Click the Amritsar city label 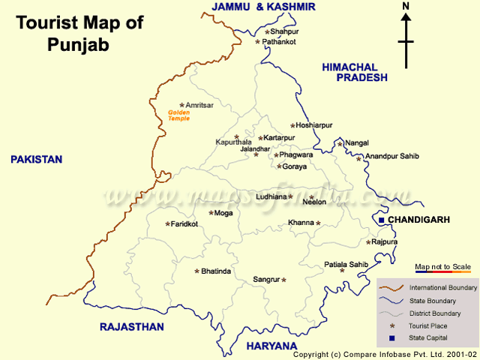point(199,106)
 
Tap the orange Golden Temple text point(179,115)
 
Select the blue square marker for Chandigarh point(381,220)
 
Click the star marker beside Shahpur point(266,32)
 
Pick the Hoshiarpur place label point(313,126)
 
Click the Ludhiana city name point(271,196)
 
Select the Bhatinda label point(216,271)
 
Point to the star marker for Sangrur point(283,280)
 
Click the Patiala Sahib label point(346,264)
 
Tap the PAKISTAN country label point(36,160)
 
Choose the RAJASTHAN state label point(131,327)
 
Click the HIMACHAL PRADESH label point(355,72)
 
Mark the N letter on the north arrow point(406,7)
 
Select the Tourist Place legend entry point(429,326)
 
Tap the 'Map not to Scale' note point(442,267)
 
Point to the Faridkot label point(184,224)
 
